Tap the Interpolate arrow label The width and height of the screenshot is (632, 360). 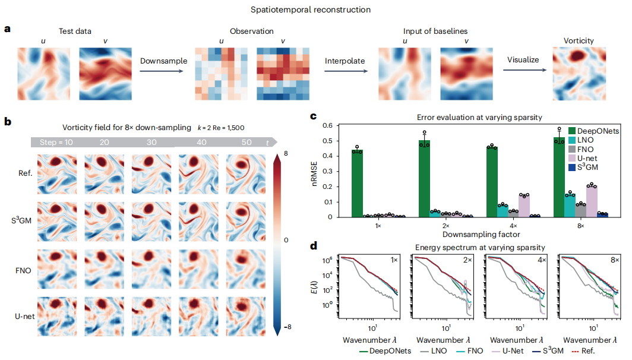[x=345, y=61]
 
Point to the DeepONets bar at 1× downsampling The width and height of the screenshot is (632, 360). [x=357, y=184]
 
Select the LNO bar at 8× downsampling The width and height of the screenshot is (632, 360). [x=570, y=205]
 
